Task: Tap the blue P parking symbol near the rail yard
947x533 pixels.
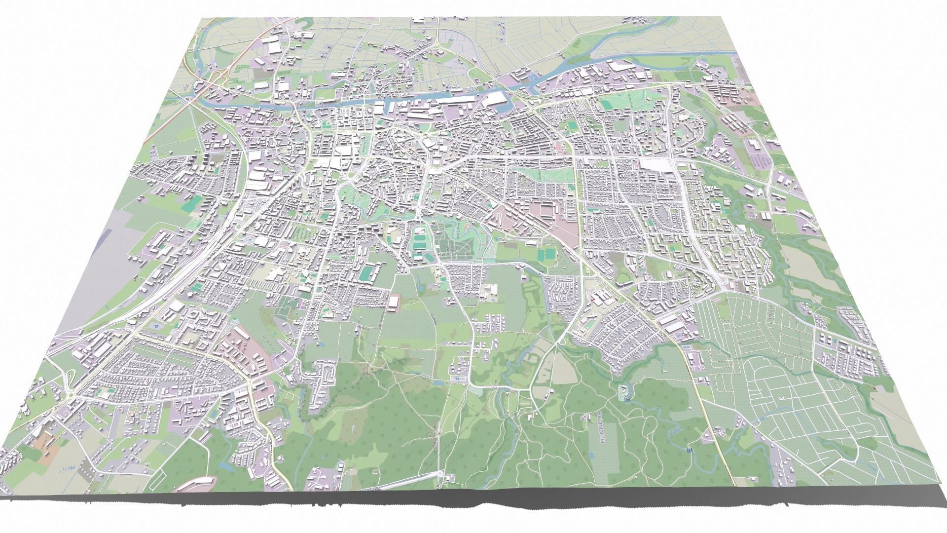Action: (156, 326)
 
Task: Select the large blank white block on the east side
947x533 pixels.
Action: (656, 165)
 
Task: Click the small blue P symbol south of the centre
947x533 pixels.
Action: (456, 379)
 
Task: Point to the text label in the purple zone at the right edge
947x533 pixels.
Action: (762, 160)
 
